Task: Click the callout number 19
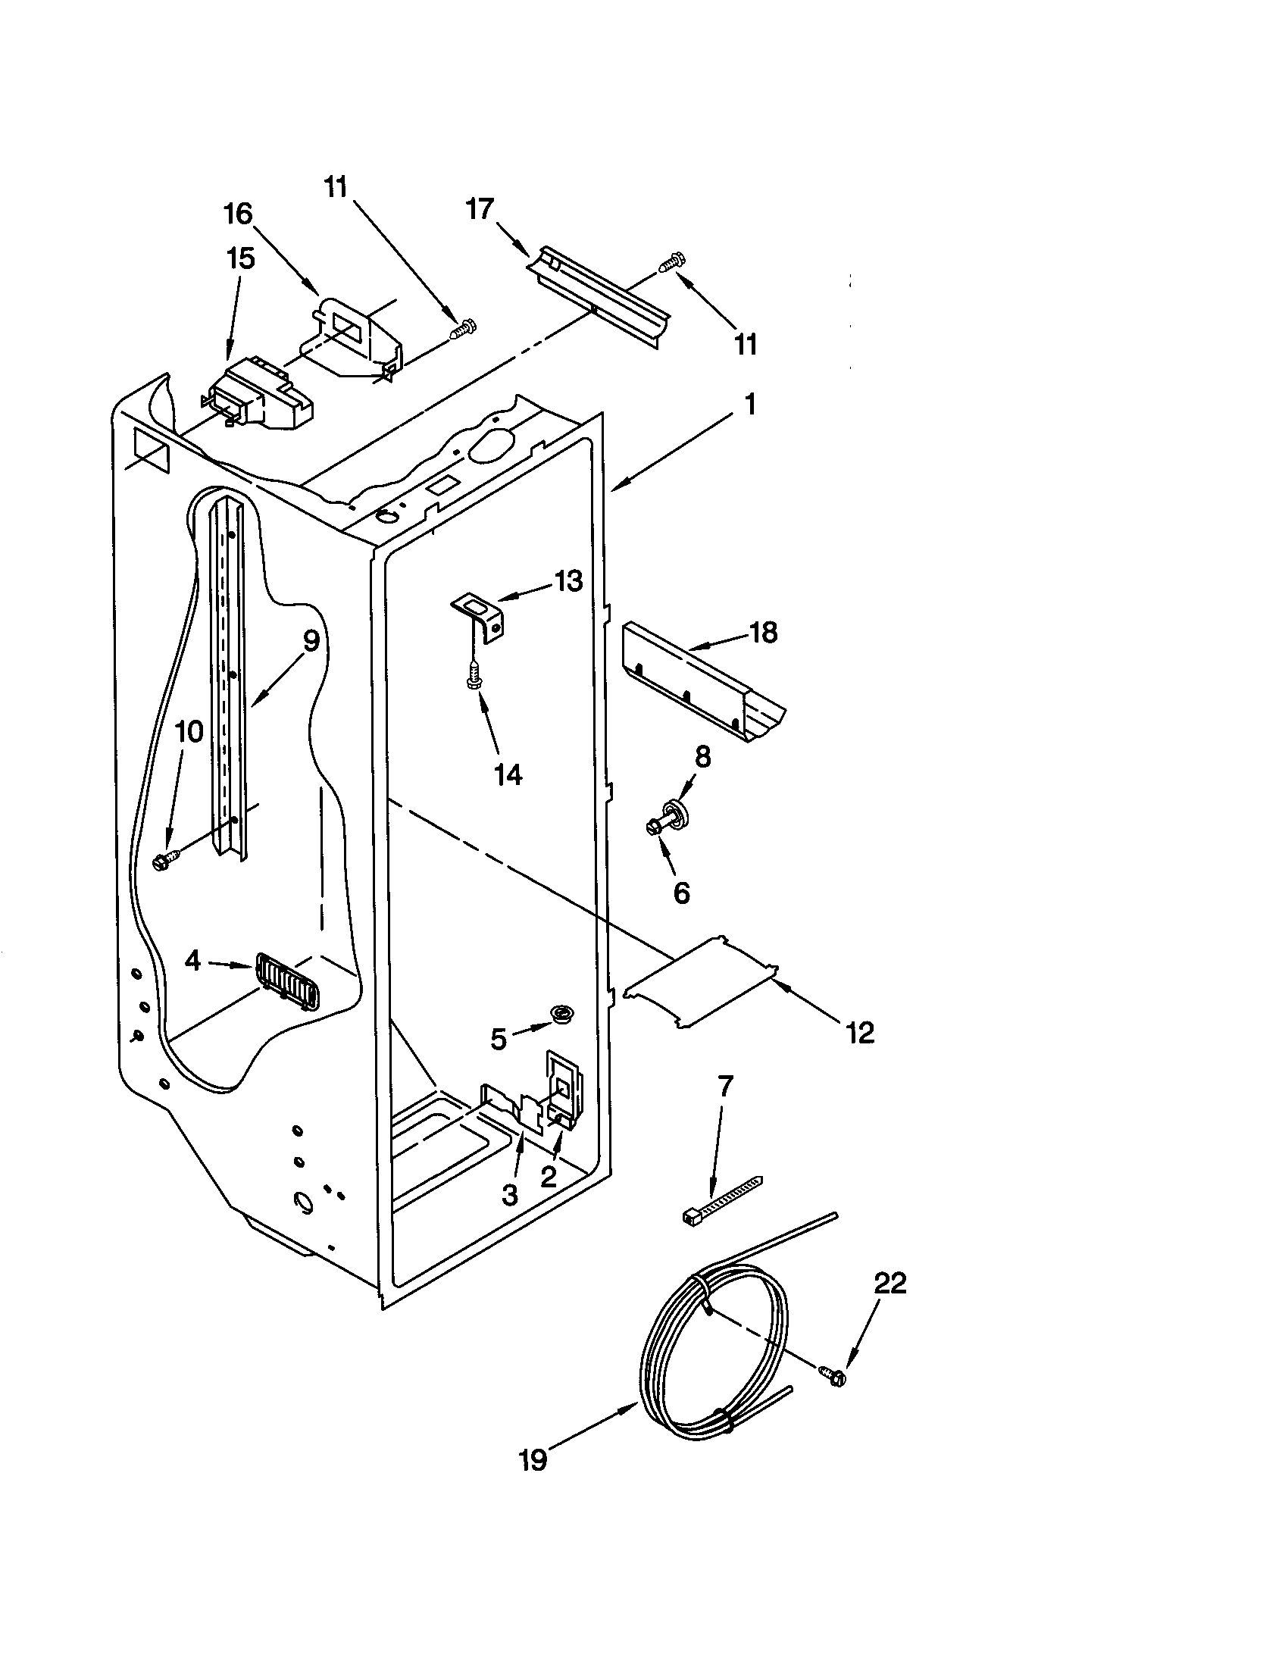[x=533, y=1460]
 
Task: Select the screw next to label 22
[x=832, y=1376]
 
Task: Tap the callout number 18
[x=763, y=632]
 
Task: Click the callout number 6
[x=681, y=892]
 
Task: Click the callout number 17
[x=480, y=208]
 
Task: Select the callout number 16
[x=237, y=214]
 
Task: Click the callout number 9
[x=311, y=641]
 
